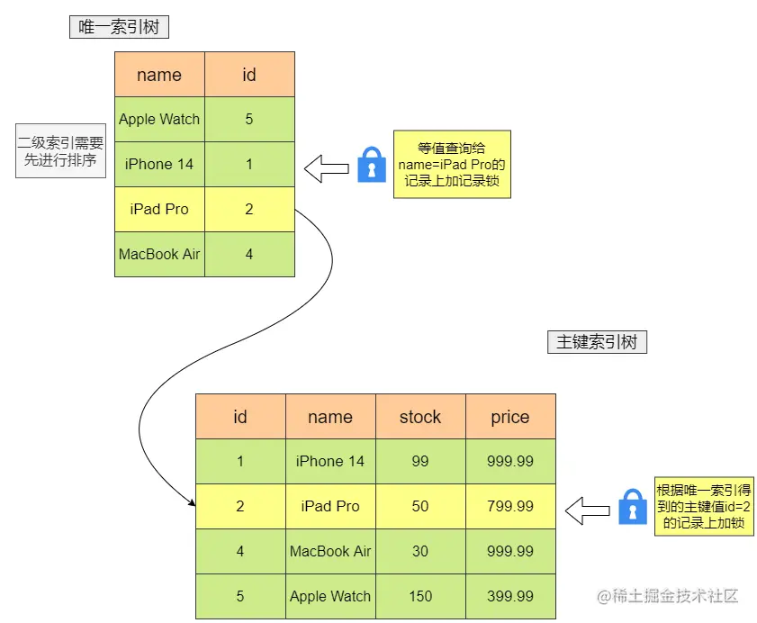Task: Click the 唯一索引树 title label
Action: coord(119,27)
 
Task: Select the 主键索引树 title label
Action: coord(597,342)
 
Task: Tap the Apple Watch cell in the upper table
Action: coord(159,119)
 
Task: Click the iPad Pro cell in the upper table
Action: coord(159,209)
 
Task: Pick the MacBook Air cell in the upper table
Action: coord(159,254)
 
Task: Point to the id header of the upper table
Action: coord(249,75)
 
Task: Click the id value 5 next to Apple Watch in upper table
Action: coord(249,119)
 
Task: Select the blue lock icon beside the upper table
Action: coord(371,166)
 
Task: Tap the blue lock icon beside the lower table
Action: coord(633,507)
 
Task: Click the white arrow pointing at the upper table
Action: coord(326,167)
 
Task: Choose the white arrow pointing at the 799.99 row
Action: coord(587,510)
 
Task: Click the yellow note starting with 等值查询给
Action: coord(451,164)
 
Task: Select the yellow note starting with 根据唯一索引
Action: coord(703,506)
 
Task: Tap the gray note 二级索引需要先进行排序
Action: coord(60,152)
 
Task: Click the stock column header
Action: coord(420,417)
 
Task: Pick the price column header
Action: coord(510,417)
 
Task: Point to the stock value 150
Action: coord(420,596)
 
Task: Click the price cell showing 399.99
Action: coord(510,596)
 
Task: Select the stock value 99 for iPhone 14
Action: coord(420,461)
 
